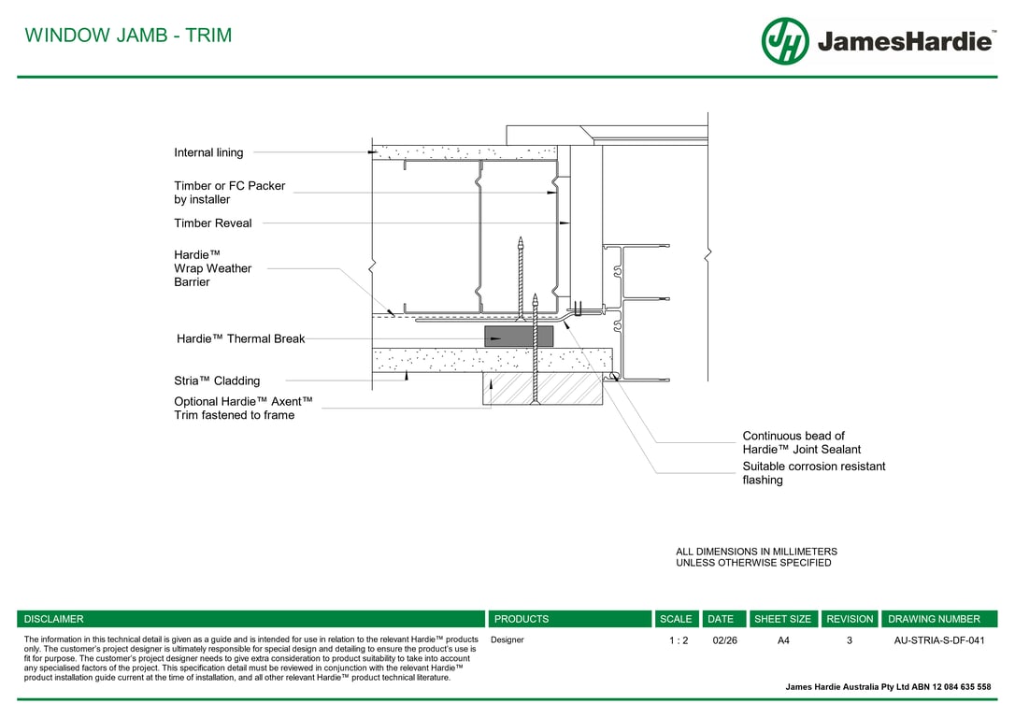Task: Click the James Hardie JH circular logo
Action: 784,41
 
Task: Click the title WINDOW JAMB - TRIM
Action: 128,35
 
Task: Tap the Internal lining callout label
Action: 208,152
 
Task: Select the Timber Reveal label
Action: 213,223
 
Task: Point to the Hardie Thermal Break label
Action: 240,338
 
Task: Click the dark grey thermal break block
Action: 519,337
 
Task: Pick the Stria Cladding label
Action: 217,381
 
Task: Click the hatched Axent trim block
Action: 542,389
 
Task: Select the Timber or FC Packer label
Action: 229,193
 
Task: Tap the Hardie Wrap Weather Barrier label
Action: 212,268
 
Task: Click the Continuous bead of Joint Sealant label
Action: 801,443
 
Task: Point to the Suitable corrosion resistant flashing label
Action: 814,473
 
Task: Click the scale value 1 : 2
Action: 679,640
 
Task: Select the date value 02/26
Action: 724,640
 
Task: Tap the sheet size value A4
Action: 783,640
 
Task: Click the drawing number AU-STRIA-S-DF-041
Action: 939,640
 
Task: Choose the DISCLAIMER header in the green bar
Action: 53,619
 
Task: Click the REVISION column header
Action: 850,619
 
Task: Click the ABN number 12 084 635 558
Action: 962,687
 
